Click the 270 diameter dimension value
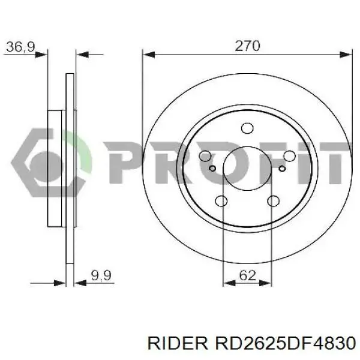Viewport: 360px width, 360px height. (x=247, y=46)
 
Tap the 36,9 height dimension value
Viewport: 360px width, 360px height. (x=20, y=47)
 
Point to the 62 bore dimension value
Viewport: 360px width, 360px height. (x=247, y=275)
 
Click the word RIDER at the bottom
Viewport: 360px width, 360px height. (x=178, y=343)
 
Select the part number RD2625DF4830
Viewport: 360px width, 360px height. (x=284, y=343)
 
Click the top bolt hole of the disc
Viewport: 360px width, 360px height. (x=247, y=128)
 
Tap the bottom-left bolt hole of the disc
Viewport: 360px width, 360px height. (x=221, y=201)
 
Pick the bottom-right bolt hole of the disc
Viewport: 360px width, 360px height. (x=273, y=201)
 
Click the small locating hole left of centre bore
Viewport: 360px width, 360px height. (x=212, y=169)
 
